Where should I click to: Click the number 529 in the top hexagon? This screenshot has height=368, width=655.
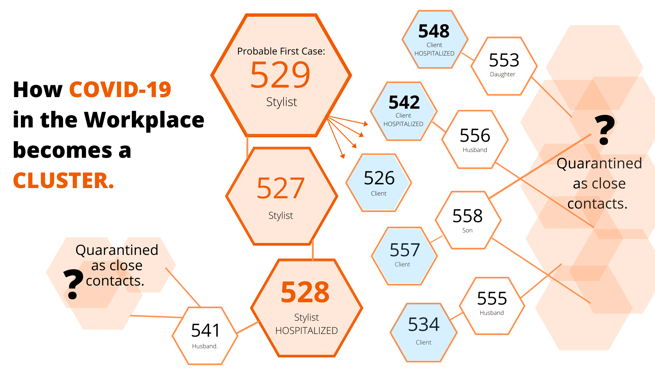click(280, 75)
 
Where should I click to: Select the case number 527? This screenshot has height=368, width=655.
click(280, 188)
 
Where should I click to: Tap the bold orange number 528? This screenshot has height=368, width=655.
click(305, 292)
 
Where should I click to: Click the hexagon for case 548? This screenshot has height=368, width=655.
click(434, 40)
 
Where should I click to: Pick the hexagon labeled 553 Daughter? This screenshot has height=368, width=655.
click(504, 66)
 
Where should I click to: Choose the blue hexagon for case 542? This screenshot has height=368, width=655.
click(404, 111)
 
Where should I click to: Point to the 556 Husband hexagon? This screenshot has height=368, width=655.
click(475, 139)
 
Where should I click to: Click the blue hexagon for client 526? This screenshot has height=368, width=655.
click(379, 183)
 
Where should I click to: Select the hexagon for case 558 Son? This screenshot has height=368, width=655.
click(468, 220)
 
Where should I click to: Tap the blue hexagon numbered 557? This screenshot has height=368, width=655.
click(404, 256)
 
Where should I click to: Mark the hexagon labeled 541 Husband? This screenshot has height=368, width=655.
click(205, 336)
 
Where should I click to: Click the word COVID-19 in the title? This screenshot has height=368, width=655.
click(120, 90)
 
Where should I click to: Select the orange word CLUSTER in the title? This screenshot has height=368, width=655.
click(63, 181)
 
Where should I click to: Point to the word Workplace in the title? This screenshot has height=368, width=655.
click(144, 120)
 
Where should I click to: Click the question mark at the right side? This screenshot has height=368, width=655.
click(604, 130)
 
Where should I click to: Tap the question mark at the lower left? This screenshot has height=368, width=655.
click(73, 284)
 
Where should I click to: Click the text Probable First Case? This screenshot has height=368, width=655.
click(281, 51)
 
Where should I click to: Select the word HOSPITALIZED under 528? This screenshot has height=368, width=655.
click(306, 331)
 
